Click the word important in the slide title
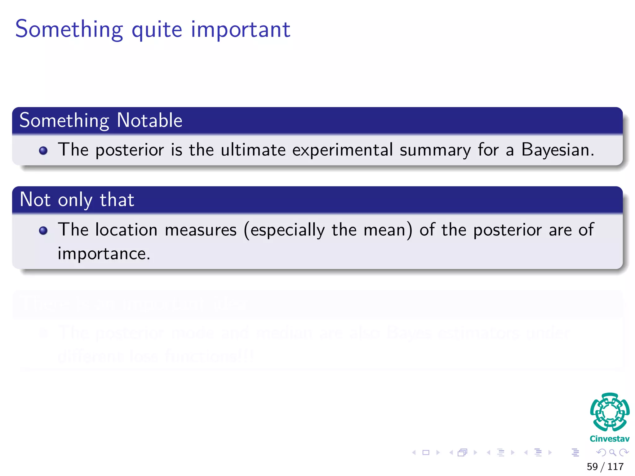click(240, 29)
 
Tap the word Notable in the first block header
click(149, 120)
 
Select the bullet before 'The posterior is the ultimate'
click(43, 151)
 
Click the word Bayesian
click(557, 150)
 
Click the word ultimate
click(253, 150)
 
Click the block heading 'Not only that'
click(77, 200)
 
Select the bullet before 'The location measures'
click(43, 231)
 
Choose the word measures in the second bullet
click(201, 230)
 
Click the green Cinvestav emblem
click(610, 412)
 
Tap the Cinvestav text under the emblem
click(610, 439)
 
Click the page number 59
click(592, 466)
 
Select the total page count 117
click(615, 466)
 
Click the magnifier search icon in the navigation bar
click(612, 452)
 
